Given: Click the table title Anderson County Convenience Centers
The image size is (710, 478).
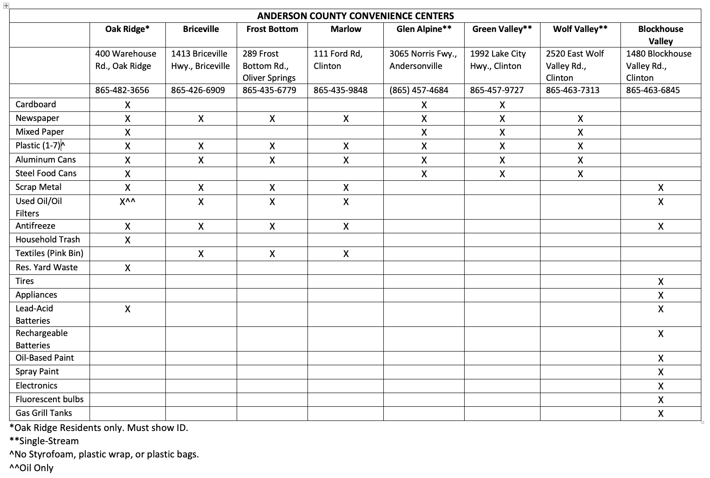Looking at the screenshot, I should [x=355, y=16].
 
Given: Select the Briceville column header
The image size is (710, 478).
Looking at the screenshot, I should [x=201, y=29].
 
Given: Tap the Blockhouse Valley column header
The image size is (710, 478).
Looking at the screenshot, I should [x=660, y=35].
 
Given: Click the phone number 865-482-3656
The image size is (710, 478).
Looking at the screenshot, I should [x=122, y=90].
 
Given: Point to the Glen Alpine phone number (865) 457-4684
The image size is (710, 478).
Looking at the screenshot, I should [x=419, y=90].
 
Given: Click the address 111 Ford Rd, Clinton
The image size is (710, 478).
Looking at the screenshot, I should [x=338, y=60].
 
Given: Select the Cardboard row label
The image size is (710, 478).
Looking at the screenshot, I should [x=36, y=105].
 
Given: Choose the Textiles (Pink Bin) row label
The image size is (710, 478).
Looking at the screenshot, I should [x=49, y=253].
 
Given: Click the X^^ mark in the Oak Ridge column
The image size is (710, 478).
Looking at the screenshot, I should [x=127, y=201].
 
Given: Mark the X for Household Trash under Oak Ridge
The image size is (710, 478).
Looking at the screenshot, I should [x=127, y=240].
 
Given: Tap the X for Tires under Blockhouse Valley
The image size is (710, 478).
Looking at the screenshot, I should [x=660, y=282].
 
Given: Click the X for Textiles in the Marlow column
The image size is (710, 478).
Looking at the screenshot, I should [x=346, y=254].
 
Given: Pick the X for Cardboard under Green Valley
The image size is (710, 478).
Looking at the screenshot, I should [x=502, y=105].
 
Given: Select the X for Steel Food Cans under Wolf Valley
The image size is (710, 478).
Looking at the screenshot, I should [x=580, y=174].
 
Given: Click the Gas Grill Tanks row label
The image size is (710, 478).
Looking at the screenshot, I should [x=44, y=413].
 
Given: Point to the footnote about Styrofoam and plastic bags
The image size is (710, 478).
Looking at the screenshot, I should [x=104, y=454].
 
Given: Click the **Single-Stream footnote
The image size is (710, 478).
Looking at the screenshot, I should [x=44, y=441].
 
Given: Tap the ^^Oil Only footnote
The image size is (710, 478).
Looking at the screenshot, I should [x=32, y=468].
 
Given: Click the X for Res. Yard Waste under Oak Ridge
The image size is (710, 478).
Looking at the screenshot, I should [x=127, y=268].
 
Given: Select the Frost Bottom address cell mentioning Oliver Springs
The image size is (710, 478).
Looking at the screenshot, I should [x=270, y=66].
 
